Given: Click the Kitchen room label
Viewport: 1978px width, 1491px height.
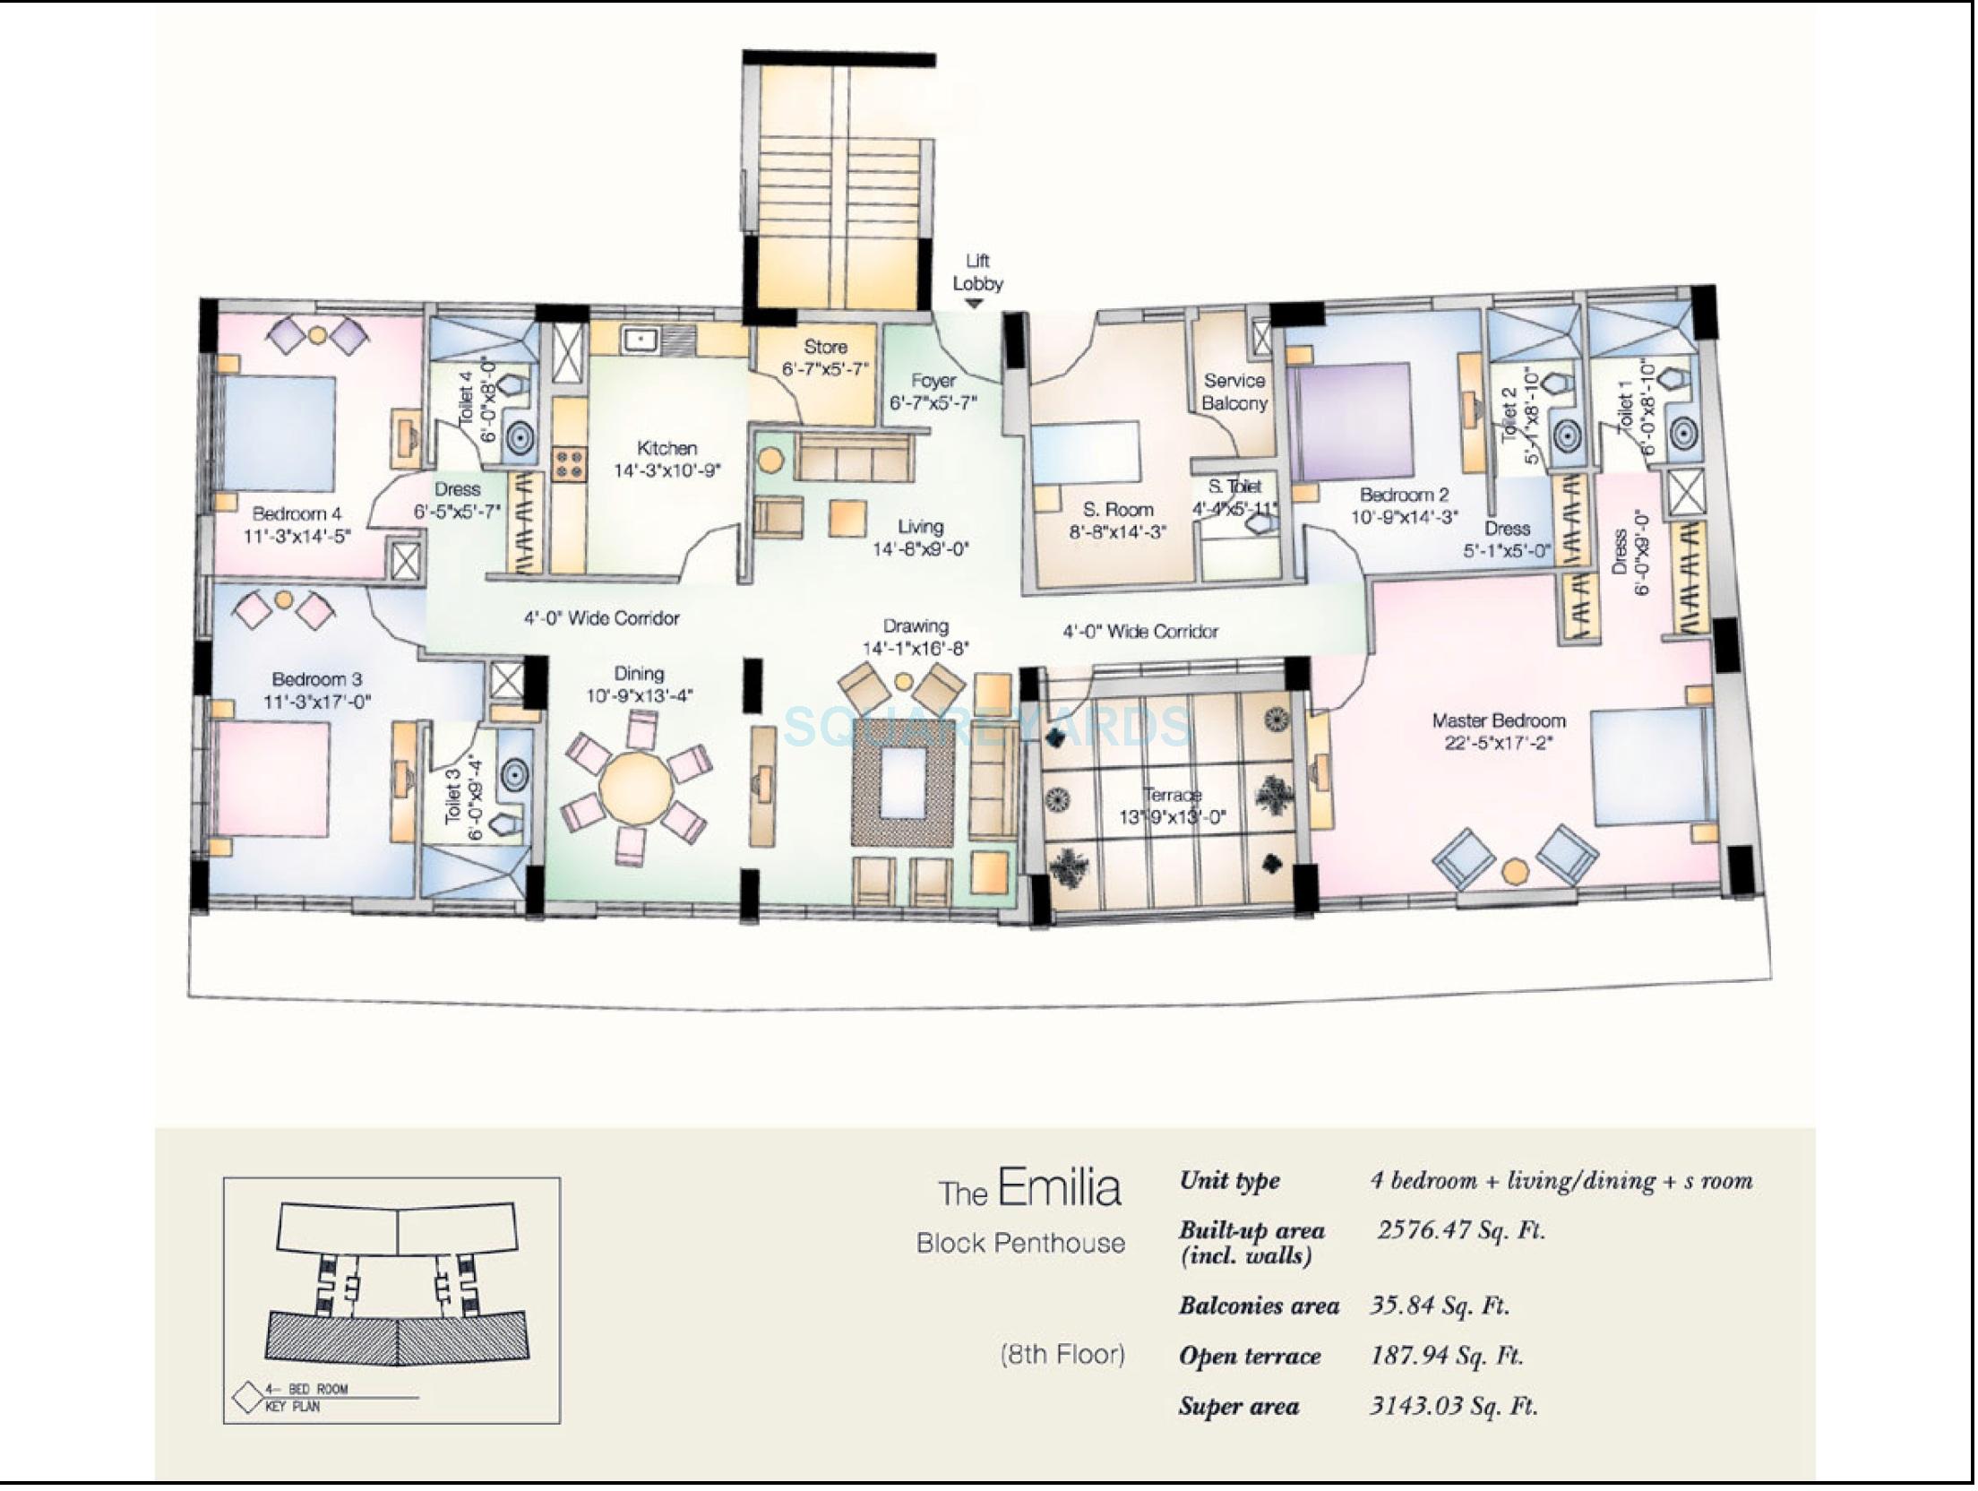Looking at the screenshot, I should click(x=666, y=447).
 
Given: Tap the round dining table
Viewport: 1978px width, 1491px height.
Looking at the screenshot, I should click(x=635, y=789).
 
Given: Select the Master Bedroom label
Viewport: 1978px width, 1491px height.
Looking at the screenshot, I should click(x=1498, y=720).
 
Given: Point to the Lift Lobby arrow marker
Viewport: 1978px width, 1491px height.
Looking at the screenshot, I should click(x=974, y=305).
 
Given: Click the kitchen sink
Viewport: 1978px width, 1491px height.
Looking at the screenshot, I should click(x=641, y=339).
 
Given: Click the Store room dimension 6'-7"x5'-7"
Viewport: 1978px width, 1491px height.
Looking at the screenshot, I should click(x=825, y=368).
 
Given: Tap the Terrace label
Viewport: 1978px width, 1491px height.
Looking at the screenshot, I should click(x=1172, y=795).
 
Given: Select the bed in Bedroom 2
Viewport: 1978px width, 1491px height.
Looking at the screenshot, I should click(x=1353, y=420).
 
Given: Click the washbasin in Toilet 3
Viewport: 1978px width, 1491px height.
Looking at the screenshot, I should click(x=514, y=773).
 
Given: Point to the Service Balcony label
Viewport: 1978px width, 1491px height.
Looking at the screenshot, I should click(x=1234, y=392).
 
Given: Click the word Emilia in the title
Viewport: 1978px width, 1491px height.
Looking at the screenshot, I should click(x=1059, y=1187).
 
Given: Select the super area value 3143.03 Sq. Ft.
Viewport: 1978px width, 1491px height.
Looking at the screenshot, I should click(x=1453, y=1406).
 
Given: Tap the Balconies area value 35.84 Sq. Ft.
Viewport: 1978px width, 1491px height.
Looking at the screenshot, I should click(x=1439, y=1306).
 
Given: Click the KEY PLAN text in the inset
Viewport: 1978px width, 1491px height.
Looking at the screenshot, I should click(x=292, y=1407).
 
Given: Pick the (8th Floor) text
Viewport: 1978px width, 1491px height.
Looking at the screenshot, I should click(x=1062, y=1354).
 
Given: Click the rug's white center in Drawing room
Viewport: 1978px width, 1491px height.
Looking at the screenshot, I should click(x=903, y=781).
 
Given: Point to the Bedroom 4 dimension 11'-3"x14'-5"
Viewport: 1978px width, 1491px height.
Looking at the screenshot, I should click(x=297, y=536).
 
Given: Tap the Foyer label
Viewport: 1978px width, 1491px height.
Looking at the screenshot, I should click(x=933, y=380).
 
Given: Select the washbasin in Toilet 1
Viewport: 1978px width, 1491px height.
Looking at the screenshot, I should click(x=1683, y=435).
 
